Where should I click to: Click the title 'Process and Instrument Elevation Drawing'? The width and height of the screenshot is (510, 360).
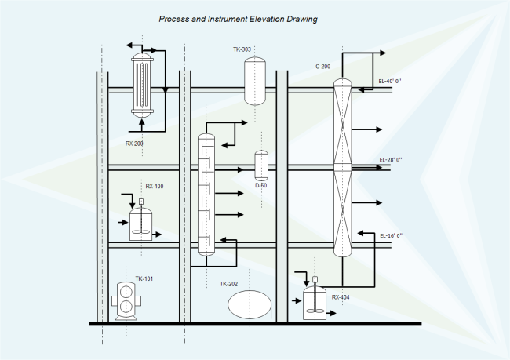pyautogui.click(x=238, y=19)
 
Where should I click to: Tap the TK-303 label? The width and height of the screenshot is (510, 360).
pyautogui.click(x=242, y=49)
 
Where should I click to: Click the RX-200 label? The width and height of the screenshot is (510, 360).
pyautogui.click(x=134, y=144)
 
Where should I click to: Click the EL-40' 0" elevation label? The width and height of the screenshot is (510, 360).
pyautogui.click(x=390, y=81)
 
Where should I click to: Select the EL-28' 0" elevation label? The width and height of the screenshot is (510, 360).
pyautogui.click(x=390, y=160)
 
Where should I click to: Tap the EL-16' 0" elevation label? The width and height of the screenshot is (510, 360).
pyautogui.click(x=390, y=235)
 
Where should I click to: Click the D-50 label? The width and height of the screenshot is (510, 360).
pyautogui.click(x=261, y=186)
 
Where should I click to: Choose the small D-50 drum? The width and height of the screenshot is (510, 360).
pyautogui.click(x=261, y=165)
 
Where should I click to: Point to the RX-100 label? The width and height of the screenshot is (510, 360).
pyautogui.click(x=155, y=187)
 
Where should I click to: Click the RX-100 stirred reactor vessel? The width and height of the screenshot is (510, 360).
pyautogui.click(x=141, y=223)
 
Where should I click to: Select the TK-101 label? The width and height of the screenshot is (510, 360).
pyautogui.click(x=144, y=278)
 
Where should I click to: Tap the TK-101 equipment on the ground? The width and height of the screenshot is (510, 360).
pyautogui.click(x=126, y=300)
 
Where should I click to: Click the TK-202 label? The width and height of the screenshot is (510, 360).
pyautogui.click(x=228, y=284)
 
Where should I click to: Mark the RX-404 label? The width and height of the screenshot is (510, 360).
pyautogui.click(x=341, y=297)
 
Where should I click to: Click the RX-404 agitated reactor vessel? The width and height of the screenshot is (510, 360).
pyautogui.click(x=314, y=304)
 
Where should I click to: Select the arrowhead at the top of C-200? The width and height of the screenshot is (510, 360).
pyautogui.click(x=382, y=53)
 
